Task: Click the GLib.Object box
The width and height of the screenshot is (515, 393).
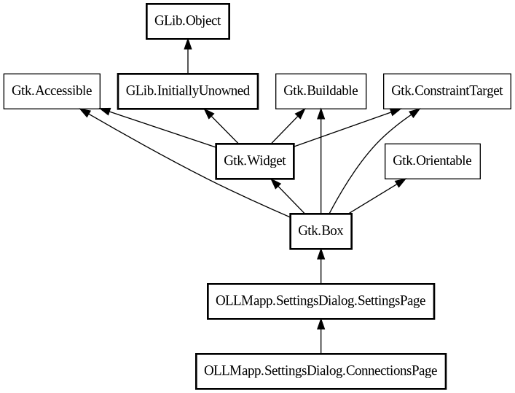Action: coord(188,23)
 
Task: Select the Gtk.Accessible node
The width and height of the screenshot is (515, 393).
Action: coord(52,91)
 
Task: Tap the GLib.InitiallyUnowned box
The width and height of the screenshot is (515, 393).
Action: coord(188,91)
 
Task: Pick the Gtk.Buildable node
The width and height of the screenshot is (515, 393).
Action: coord(321,91)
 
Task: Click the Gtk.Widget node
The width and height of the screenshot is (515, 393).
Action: coord(255,161)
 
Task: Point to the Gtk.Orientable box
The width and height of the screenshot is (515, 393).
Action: coord(432,161)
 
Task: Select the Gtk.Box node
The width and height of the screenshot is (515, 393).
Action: coord(321,231)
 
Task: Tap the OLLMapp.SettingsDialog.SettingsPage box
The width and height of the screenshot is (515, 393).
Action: coord(321,300)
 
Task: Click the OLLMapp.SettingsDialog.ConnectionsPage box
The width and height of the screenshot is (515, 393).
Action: coord(321,370)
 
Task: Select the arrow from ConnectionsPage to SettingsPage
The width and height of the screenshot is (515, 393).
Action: coord(321,336)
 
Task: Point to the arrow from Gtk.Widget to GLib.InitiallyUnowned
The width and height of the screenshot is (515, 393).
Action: coord(221,126)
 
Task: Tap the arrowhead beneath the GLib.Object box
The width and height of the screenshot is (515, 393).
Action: coord(188,47)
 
